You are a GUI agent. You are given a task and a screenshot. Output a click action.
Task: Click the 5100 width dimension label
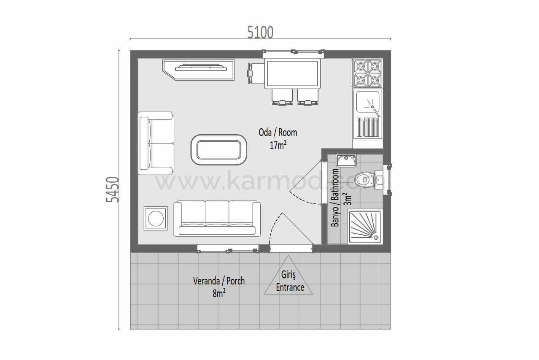[x=260, y=32]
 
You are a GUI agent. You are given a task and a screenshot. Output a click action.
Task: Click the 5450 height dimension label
[x=112, y=189]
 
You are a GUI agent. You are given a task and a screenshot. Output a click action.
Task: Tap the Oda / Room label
[x=278, y=133]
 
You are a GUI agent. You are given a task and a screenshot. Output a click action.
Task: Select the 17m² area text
[x=278, y=145]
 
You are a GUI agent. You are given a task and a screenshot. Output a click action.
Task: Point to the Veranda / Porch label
[x=219, y=281]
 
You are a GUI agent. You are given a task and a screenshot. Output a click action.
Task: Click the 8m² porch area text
[x=219, y=293]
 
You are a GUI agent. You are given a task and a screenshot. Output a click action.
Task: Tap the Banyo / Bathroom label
[x=335, y=198]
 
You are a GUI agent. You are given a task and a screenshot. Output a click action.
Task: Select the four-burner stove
[x=368, y=73]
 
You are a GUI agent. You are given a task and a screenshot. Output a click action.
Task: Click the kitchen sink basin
[x=368, y=102]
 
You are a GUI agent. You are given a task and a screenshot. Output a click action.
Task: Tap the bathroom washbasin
[x=346, y=161]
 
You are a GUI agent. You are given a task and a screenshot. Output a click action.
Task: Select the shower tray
[x=365, y=227]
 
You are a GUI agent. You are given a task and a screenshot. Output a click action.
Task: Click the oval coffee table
[x=219, y=150]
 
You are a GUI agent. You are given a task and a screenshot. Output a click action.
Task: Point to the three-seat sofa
[x=217, y=218]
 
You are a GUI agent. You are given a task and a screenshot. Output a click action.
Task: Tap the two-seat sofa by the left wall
[x=156, y=143]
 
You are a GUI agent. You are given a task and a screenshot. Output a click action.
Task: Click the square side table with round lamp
[x=156, y=219]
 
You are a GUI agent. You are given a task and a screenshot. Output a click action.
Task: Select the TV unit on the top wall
[x=199, y=70]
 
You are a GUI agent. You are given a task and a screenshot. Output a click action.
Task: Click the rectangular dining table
[x=292, y=73]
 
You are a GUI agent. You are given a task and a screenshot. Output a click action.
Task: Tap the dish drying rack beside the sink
[x=368, y=127]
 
